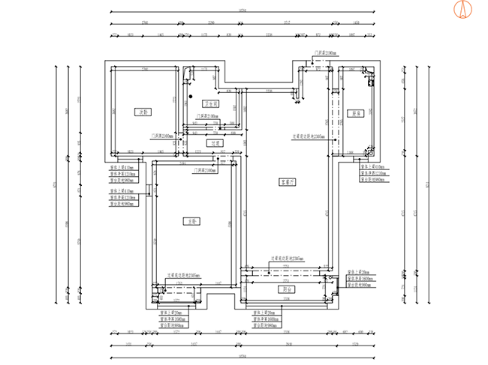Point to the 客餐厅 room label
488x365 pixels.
point(287,181)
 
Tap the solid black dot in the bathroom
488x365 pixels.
point(191,96)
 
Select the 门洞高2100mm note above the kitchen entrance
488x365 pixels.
point(325,53)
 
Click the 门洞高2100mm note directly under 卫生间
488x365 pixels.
point(207,116)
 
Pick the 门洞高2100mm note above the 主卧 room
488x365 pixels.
point(203,171)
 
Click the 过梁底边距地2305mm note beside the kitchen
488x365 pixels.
point(309,136)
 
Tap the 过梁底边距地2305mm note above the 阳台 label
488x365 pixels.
point(287,258)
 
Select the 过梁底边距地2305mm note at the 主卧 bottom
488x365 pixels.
point(183,275)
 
